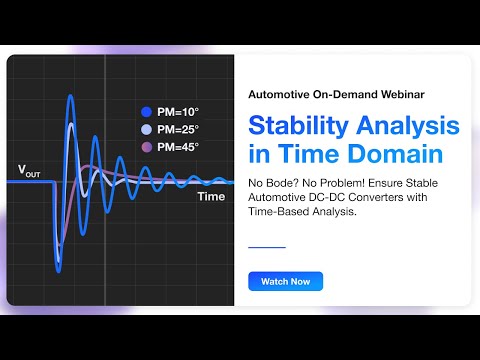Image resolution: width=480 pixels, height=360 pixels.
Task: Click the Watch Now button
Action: tap(285, 282)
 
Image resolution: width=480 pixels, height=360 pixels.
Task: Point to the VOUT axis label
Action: tap(29, 170)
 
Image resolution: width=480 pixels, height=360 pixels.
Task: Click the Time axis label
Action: tap(211, 197)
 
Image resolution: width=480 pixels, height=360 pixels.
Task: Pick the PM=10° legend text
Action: tap(177, 113)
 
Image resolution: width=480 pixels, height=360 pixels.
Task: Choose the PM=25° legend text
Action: tap(177, 130)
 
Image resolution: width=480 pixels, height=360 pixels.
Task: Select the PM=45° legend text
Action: tap(177, 147)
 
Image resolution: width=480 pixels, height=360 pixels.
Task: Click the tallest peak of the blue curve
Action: tap(70, 97)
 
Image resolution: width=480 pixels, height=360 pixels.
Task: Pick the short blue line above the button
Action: tap(266, 246)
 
